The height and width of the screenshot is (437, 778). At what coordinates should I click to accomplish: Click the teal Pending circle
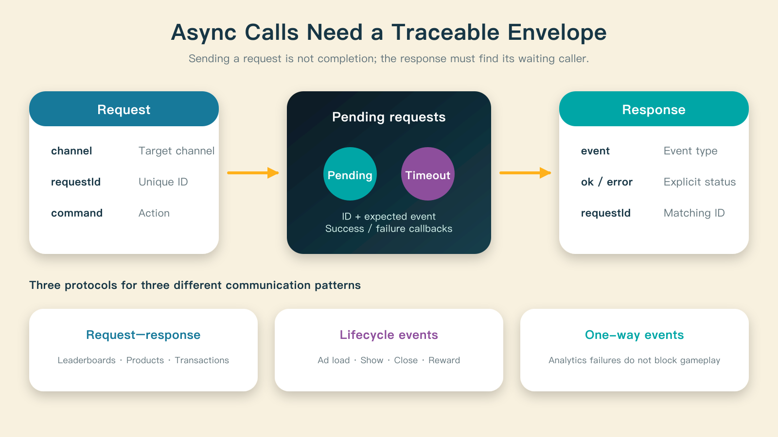(350, 174)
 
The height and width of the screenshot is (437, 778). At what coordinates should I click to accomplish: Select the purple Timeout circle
(427, 174)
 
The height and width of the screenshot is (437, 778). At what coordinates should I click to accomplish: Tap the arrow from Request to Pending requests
(253, 173)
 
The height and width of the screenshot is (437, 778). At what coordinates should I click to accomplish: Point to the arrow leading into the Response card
(525, 173)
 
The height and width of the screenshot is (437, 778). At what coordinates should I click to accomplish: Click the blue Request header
(124, 109)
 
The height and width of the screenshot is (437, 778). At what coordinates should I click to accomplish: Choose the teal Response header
(654, 109)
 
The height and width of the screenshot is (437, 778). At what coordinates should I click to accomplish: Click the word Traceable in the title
(446, 32)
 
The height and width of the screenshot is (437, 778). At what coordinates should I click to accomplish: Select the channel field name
(71, 151)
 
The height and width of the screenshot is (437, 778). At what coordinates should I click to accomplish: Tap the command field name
(77, 213)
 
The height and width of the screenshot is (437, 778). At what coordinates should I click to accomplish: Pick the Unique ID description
(163, 182)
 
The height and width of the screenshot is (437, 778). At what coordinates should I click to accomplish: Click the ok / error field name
(607, 182)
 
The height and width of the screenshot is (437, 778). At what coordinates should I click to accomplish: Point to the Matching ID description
(694, 213)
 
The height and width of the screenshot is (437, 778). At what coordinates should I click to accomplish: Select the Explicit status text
(700, 182)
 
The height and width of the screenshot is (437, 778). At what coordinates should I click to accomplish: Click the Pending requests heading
(389, 117)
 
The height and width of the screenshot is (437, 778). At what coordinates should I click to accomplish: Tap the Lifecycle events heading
(389, 335)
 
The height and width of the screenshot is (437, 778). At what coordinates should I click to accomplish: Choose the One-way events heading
(634, 335)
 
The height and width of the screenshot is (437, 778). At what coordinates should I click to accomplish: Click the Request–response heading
(143, 335)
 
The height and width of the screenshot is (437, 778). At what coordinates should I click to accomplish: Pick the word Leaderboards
(87, 360)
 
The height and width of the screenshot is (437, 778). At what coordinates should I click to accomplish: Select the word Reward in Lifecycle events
(444, 360)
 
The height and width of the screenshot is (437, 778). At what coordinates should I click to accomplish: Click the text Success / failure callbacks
(389, 229)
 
